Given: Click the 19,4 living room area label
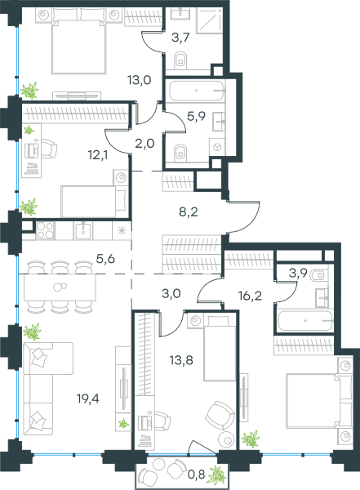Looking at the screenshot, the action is pos(88,399).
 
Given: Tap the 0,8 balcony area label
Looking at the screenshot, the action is pos(196,474).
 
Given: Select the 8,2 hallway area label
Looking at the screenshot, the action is pos(189,212).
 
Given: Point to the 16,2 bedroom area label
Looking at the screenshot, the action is pos(250,296).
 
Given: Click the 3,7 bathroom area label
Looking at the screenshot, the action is pos(180,38).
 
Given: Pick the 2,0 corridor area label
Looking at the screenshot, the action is pos(145,144).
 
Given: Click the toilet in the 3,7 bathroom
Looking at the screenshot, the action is pos(180,60).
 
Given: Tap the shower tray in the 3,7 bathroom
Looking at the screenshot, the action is pos(209,20).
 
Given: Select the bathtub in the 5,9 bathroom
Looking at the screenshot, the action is pos(197,91).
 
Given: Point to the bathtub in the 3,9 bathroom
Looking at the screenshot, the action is pos(305,321).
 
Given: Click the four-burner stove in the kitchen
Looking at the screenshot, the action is pos(46,231).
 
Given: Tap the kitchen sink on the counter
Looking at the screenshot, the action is pos(83,231).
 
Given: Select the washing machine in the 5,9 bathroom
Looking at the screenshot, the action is pos(217,146).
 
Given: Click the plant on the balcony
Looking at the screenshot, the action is pos(217,475).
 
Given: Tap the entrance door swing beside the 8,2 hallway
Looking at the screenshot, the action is pos(244,217).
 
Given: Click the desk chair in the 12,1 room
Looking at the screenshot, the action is pos(49,149).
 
